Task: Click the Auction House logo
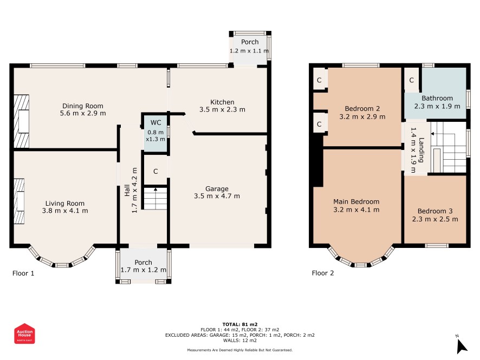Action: point(24,333)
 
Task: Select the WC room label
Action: point(155,123)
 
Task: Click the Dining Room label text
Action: point(83,106)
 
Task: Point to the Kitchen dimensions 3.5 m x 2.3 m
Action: point(222,109)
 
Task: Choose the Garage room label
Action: point(217,189)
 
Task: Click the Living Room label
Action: point(65,204)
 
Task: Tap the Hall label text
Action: point(127,190)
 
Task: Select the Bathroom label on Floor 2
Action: point(437,98)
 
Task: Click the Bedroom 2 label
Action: point(362,109)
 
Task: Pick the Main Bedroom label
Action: point(356,201)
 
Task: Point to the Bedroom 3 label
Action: point(435,211)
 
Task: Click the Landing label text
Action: point(421,150)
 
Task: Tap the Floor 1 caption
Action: point(23,273)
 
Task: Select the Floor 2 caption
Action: point(323,273)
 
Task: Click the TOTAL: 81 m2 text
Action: point(240,324)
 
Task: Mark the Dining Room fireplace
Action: point(22,121)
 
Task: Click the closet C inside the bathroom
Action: point(411,80)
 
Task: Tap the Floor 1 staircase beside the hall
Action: point(155,199)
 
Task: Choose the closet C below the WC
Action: point(155,171)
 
